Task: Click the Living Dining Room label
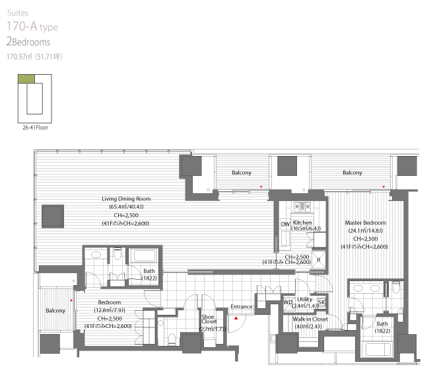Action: [126, 199]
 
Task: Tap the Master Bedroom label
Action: [366, 223]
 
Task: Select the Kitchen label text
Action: [302, 222]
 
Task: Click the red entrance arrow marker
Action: [236, 318]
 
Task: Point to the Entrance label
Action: [242, 306]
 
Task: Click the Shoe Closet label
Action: [209, 319]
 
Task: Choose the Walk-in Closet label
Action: [310, 319]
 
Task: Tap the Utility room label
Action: [304, 299]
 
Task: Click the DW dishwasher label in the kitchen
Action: [285, 224]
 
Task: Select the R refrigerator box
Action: [319, 260]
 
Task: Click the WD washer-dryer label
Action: [288, 302]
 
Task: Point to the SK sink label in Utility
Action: [321, 302]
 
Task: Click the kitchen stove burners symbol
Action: [302, 207]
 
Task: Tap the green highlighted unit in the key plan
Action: [26, 79]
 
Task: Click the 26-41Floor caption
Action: [35, 128]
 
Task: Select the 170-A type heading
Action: [32, 26]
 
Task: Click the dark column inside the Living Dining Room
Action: [53, 216]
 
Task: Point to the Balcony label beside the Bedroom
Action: [55, 310]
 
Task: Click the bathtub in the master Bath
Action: [378, 349]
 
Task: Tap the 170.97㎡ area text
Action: [19, 57]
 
